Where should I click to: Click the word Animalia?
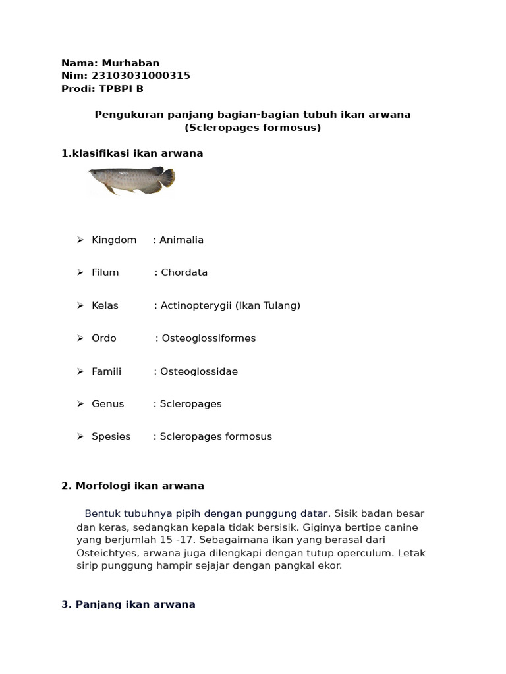click(181, 240)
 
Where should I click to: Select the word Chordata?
click(184, 272)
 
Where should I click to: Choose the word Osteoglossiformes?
click(209, 338)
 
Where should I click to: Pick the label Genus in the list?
click(108, 404)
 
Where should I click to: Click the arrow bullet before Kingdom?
click(80, 240)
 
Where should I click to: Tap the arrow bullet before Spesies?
click(80, 436)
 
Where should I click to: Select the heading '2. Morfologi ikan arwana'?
click(132, 486)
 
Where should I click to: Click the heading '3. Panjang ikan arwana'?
click(128, 604)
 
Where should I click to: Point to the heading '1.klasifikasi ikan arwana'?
click(132, 153)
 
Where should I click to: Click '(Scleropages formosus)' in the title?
click(252, 128)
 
